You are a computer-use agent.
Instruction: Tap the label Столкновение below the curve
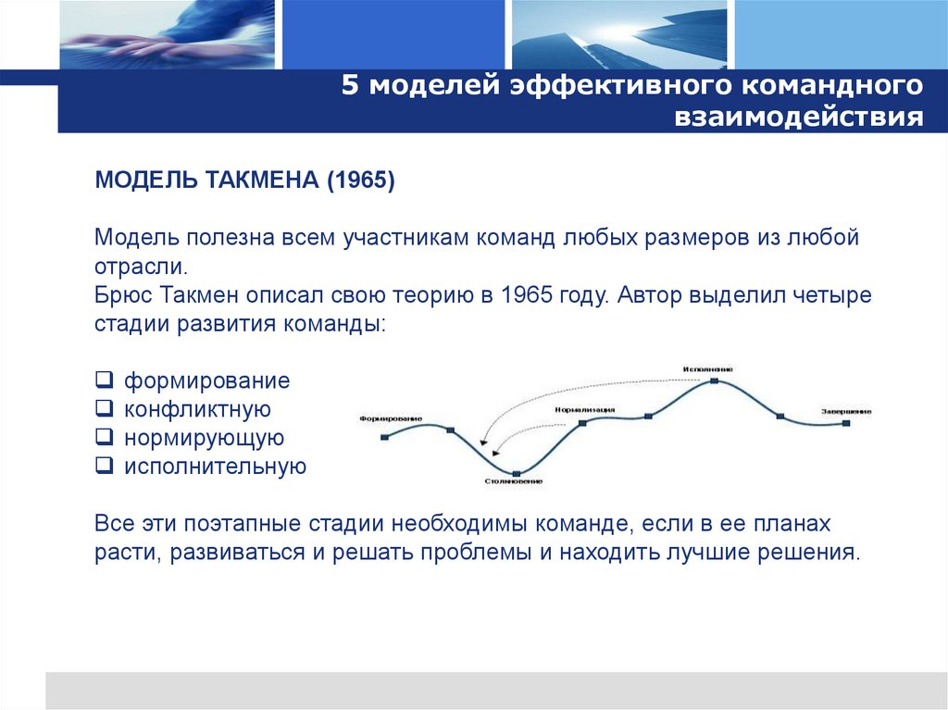[512, 482]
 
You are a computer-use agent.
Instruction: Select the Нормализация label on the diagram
[585, 408]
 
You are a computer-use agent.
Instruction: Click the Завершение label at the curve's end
[845, 411]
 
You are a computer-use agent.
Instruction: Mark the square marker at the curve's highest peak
[715, 380]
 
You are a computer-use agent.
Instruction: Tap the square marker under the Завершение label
[846, 423]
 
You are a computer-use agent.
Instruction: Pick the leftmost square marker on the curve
[385, 436]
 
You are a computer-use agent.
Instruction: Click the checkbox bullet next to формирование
[104, 380]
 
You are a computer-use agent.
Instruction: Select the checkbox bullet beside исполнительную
[104, 466]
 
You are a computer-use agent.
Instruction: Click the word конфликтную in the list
[197, 409]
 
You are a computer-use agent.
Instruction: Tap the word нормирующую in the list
[204, 438]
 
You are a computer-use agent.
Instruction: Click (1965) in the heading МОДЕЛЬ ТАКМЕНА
[359, 180]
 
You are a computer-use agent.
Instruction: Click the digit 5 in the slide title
[349, 86]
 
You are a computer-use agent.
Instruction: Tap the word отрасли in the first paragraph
[139, 268]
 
